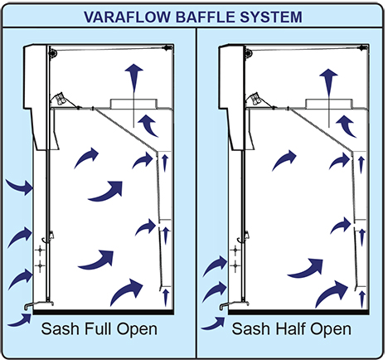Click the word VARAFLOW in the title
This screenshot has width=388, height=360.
tap(128, 17)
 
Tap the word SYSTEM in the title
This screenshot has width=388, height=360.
tap(271, 17)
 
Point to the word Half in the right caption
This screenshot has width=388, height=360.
tap(291, 328)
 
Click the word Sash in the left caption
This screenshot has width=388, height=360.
tap(61, 328)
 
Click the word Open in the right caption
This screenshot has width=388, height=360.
tap(331, 329)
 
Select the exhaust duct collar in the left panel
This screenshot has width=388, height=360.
tap(133, 104)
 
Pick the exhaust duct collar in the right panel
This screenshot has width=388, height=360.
tap(329, 104)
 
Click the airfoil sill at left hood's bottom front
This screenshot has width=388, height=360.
tap(39, 304)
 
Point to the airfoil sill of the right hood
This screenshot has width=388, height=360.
tap(235, 304)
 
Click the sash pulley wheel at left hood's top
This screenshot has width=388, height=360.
tap(52, 52)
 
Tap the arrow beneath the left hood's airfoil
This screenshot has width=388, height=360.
tap(20, 321)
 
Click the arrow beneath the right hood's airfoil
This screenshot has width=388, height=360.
tap(213, 324)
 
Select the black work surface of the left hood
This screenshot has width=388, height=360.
tap(104, 312)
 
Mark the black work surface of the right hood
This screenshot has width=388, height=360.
tap(298, 312)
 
